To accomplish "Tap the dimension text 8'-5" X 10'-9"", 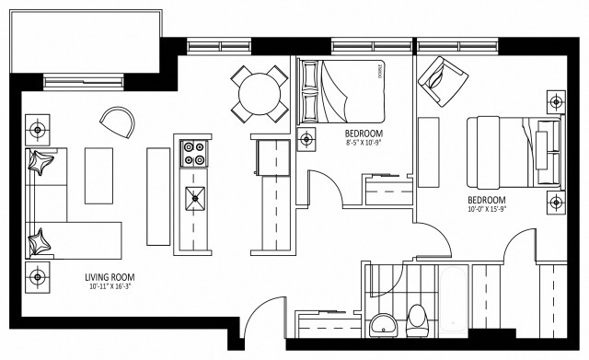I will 352,143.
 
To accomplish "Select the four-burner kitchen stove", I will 194,152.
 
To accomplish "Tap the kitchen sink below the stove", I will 195,195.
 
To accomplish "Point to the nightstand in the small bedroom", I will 307,139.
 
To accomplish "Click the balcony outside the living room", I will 83,37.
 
